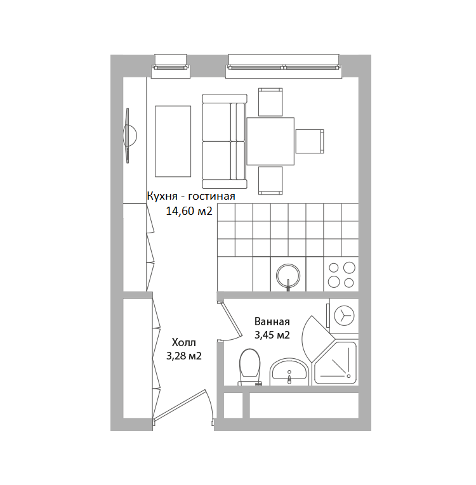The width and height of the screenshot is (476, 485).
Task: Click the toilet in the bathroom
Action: [249, 368]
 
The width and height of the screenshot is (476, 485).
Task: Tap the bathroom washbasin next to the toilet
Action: [289, 372]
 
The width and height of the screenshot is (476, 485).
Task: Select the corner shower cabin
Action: [336, 363]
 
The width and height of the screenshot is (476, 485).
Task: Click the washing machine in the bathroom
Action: [343, 316]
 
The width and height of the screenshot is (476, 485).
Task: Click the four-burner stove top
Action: [341, 275]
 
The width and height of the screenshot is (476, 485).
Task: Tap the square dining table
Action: [270, 141]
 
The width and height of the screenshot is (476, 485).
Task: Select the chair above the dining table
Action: [270, 102]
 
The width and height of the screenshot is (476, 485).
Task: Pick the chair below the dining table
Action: [270, 181]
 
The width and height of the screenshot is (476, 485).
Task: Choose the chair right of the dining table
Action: [310, 141]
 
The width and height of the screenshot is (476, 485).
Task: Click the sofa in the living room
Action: [225, 141]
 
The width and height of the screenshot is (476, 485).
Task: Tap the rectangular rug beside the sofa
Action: [173, 141]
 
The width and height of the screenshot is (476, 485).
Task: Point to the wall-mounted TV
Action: [129, 136]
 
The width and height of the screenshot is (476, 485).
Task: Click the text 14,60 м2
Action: [189, 211]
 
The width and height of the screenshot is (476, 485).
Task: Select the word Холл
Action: [184, 343]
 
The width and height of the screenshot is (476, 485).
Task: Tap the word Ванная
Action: [272, 321]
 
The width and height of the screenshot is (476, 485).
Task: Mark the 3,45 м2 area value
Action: [272, 335]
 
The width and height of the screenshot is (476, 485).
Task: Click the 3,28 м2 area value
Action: [184, 356]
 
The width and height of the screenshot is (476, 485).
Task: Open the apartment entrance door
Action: [180, 405]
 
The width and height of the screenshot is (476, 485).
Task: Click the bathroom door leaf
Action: [231, 320]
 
